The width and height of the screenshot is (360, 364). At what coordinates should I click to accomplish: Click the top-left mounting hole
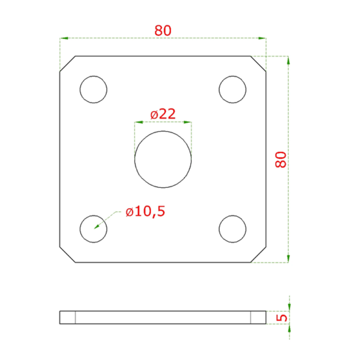pyautogui.click(x=93, y=89)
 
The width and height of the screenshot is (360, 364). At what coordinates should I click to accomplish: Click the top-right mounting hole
pyautogui.click(x=233, y=89)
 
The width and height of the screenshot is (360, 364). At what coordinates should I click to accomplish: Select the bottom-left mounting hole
pyautogui.click(x=93, y=228)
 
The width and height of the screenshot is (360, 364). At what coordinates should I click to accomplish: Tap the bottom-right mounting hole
pyautogui.click(x=233, y=228)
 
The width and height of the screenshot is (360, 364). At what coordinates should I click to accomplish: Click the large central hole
pyautogui.click(x=163, y=159)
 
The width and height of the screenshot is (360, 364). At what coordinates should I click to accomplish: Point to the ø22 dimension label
pyautogui.click(x=163, y=114)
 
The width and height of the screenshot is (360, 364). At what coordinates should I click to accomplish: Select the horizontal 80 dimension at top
pyautogui.click(x=163, y=30)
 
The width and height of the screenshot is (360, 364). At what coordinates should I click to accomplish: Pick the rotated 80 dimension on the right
pyautogui.click(x=281, y=159)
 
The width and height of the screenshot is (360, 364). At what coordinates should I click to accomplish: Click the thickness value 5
pyautogui.click(x=282, y=317)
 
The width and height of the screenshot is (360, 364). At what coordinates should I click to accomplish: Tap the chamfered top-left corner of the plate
pyautogui.click(x=67, y=64)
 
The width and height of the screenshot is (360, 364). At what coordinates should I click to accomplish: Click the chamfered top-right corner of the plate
pyautogui.click(x=258, y=64)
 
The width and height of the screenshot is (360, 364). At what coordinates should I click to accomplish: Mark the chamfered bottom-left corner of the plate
pyautogui.click(x=67, y=255)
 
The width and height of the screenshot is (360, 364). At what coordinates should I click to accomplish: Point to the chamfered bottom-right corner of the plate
pyautogui.click(x=258, y=255)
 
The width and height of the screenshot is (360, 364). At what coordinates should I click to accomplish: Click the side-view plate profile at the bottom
pyautogui.click(x=163, y=317)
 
